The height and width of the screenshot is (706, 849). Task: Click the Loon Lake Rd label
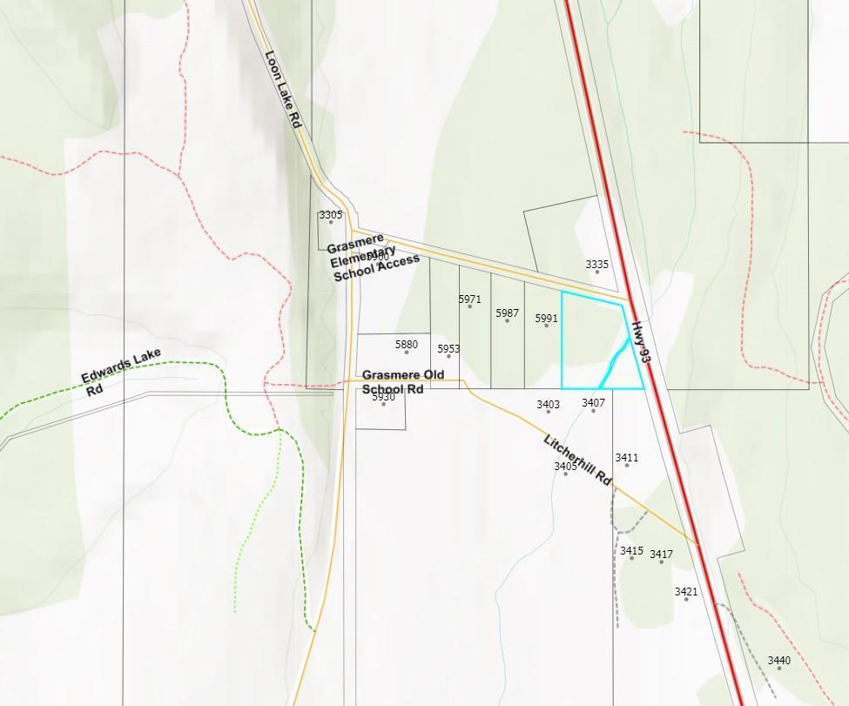tap(283, 90)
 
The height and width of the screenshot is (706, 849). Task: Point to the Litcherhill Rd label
tap(578, 460)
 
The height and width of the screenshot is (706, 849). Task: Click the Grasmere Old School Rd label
tap(403, 382)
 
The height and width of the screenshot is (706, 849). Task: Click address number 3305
tap(331, 214)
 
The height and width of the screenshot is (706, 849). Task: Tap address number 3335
tap(597, 264)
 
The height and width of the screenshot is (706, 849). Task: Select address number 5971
tap(470, 299)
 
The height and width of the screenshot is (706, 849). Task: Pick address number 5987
tap(508, 313)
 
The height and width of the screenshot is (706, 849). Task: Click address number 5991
tap(547, 319)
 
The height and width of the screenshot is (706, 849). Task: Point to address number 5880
tap(407, 344)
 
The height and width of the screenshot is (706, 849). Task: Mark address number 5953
tap(448, 348)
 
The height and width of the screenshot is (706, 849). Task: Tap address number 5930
tap(384, 397)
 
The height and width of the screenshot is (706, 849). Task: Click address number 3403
tap(549, 404)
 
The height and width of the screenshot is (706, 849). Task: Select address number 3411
tap(627, 457)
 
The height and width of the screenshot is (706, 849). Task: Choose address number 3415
tap(632, 550)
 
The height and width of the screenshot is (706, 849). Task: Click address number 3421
tap(686, 591)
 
